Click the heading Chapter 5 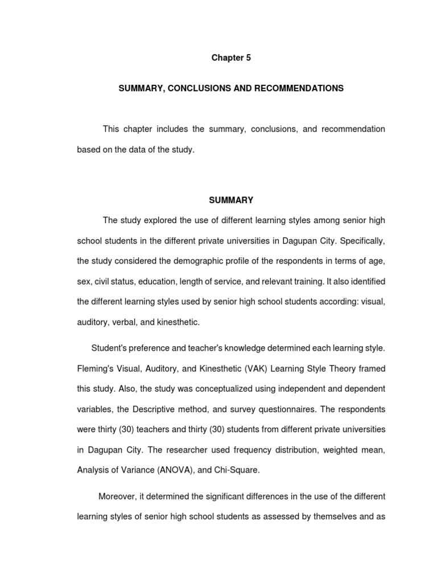coord(231,58)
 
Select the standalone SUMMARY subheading coord(231,200)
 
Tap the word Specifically coord(362,240)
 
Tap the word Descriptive coord(157,409)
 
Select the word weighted coord(342,450)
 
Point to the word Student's coord(110,348)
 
